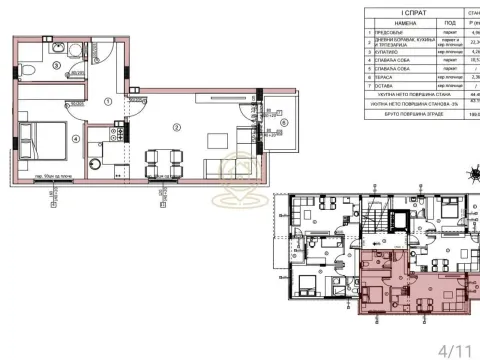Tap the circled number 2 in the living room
[x=176, y=126]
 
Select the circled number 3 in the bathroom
[x=57, y=66]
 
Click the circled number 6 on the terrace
[x=283, y=122]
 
